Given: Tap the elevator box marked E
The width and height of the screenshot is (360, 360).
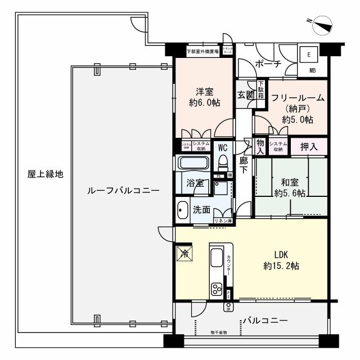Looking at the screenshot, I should coord(308,55).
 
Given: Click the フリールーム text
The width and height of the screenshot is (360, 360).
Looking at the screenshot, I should coord(298,97).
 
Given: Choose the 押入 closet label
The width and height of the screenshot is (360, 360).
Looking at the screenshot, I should coord(308,146).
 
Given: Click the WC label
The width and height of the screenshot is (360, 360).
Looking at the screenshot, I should coord(223,148).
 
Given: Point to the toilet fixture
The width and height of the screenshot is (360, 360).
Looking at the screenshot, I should coord(223,163).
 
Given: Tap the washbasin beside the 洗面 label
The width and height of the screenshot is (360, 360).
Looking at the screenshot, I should coord(182,210).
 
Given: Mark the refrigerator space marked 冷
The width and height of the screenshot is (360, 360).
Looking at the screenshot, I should coord(184,253).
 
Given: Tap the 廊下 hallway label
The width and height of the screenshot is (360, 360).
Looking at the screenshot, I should coord(243,164).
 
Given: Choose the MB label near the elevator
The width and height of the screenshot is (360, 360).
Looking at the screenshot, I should coord(313,71).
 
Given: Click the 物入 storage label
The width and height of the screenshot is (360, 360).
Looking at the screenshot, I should coord(260,146).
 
